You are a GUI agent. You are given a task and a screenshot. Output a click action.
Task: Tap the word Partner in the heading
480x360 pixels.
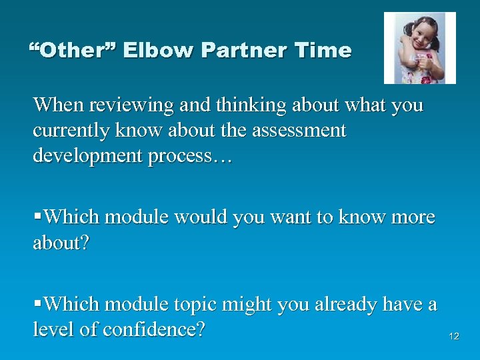click(x=228, y=51)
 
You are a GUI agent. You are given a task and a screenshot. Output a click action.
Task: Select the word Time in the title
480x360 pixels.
click(x=322, y=51)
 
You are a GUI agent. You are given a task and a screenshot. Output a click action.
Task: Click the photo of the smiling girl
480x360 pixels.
click(x=419, y=48)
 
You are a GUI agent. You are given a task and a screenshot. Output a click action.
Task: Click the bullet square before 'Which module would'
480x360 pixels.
click(x=37, y=217)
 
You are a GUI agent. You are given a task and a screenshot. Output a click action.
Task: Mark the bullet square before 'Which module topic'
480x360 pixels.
click(x=37, y=305)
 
